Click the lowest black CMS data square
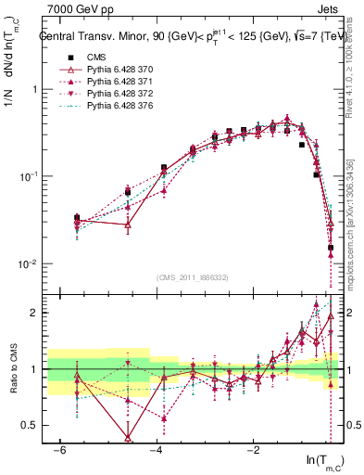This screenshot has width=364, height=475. click(331, 248)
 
